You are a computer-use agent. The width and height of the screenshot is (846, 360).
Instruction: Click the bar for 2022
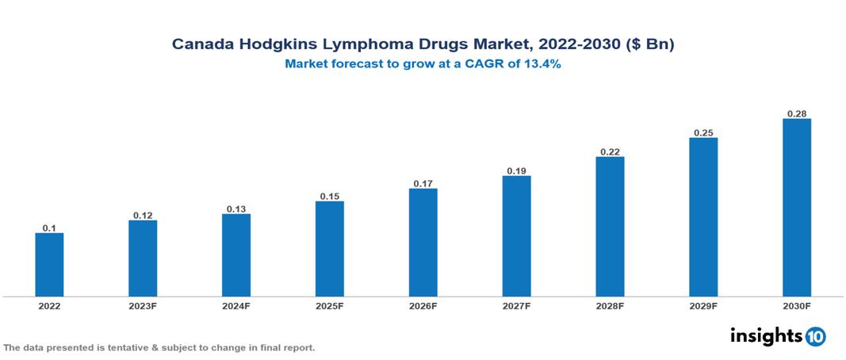49,265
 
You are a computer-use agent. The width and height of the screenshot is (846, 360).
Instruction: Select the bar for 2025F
330,249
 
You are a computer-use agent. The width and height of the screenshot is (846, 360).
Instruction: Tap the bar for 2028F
610,227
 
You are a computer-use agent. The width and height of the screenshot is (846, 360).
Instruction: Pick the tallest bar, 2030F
797,208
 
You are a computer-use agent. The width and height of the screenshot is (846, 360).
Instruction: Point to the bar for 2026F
423,243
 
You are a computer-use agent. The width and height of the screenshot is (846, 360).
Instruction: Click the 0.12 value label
143,215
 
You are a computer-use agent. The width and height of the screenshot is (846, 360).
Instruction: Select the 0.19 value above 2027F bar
517,170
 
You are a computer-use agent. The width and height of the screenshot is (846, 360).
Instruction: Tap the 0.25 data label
703,132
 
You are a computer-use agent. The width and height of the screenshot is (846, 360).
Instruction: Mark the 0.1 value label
49,228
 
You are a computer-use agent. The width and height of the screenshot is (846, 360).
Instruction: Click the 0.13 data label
236,209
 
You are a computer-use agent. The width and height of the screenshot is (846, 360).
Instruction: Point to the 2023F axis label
143,306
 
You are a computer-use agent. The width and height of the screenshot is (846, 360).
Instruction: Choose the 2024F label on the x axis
236,306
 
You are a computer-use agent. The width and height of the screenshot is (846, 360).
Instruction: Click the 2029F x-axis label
703,306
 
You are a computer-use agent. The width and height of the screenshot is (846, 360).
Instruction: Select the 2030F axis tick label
797,306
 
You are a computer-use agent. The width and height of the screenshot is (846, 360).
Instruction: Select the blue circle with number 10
815,337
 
